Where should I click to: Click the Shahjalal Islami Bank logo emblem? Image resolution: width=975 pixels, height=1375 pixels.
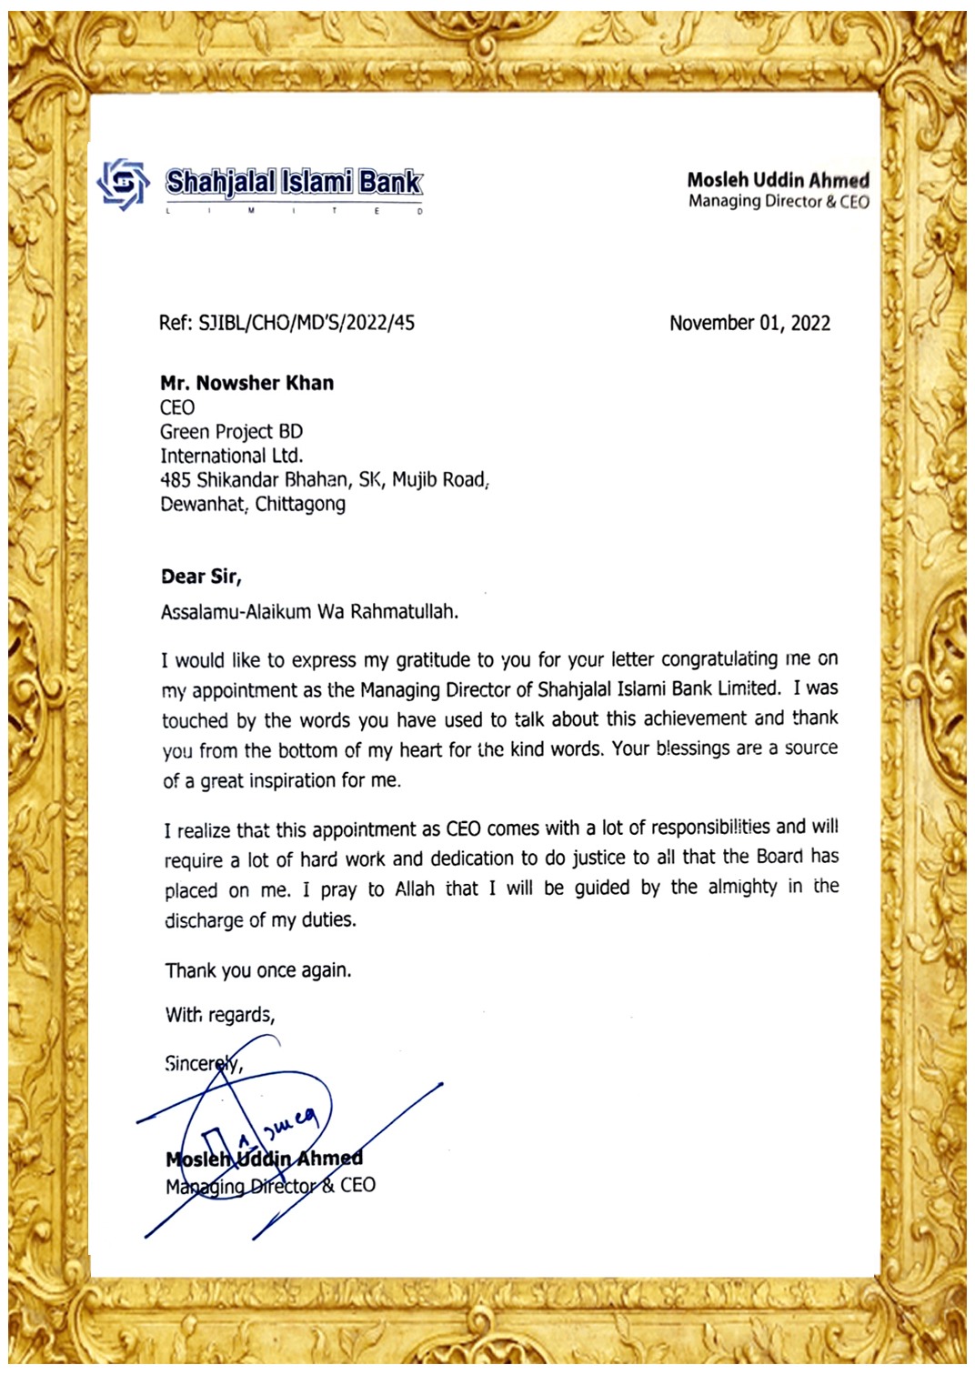123,185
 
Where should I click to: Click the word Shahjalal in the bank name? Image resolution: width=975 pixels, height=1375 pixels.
220,183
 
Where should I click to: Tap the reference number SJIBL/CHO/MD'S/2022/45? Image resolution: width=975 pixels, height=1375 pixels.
307,323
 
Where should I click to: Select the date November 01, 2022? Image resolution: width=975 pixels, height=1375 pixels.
749,323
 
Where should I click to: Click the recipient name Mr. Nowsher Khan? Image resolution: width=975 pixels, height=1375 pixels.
246,383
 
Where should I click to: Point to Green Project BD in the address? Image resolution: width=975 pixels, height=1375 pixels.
231,431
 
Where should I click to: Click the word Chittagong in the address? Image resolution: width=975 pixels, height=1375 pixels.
300,504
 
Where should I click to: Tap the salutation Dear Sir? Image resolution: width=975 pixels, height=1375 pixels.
200,577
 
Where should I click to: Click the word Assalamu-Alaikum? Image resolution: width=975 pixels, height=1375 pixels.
236,612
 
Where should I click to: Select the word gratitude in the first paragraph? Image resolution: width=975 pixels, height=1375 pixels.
434,660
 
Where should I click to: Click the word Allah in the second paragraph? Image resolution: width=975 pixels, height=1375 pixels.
415,888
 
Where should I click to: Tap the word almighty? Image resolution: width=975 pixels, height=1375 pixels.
742,888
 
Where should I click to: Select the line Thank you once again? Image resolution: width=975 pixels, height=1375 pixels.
258,970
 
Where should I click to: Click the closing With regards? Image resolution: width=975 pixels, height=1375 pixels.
220,1015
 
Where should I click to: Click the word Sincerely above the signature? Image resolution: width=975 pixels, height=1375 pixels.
204,1063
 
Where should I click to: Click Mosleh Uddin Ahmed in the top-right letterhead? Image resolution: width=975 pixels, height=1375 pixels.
778,180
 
